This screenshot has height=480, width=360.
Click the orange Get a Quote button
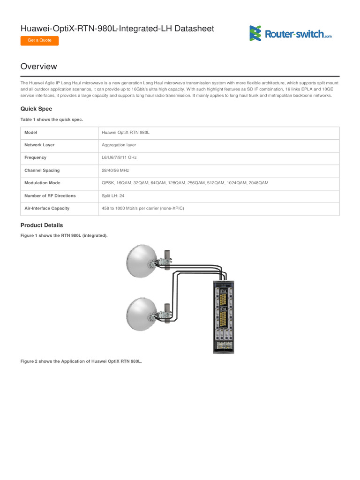click(39, 40)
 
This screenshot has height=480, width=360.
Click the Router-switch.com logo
click(290, 34)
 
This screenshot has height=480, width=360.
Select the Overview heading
click(39, 67)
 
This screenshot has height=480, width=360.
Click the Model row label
click(30, 133)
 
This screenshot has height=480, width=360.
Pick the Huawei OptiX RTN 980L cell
click(126, 133)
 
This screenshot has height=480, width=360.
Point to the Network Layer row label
click(39, 145)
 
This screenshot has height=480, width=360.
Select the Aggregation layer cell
click(119, 145)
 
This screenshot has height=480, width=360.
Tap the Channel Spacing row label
click(42, 171)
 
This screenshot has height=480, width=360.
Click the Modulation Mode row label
click(42, 183)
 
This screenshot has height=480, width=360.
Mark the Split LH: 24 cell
click(113, 195)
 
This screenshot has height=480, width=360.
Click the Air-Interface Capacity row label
click(46, 208)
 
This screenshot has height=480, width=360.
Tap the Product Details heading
click(42, 225)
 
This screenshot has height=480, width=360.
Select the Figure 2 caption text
click(81, 361)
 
